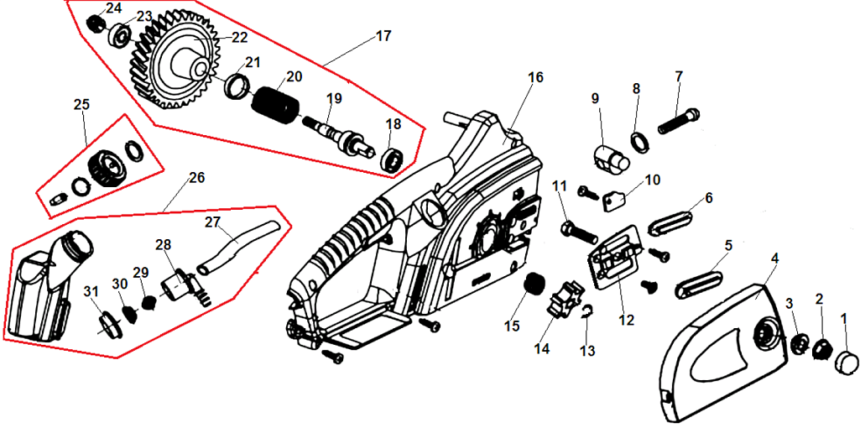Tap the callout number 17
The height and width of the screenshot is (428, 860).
click(x=383, y=37)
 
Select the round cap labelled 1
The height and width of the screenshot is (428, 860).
click(x=846, y=363)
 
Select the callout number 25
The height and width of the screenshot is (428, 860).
click(x=81, y=105)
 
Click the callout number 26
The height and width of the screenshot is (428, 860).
click(x=196, y=178)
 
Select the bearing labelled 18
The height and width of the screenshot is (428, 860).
click(x=393, y=159)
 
